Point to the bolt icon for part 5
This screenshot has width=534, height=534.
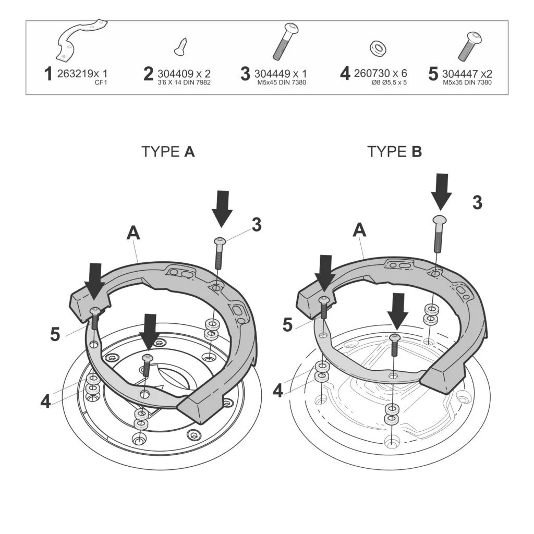[469, 46]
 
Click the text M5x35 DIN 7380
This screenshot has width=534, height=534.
[467, 83]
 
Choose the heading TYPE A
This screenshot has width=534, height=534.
[168, 152]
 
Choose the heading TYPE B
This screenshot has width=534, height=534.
[394, 152]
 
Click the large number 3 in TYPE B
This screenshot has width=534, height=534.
[477, 203]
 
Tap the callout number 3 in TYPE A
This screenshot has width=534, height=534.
[256, 225]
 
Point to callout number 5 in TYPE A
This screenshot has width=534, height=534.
[55, 334]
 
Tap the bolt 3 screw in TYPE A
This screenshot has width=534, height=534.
[219, 252]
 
